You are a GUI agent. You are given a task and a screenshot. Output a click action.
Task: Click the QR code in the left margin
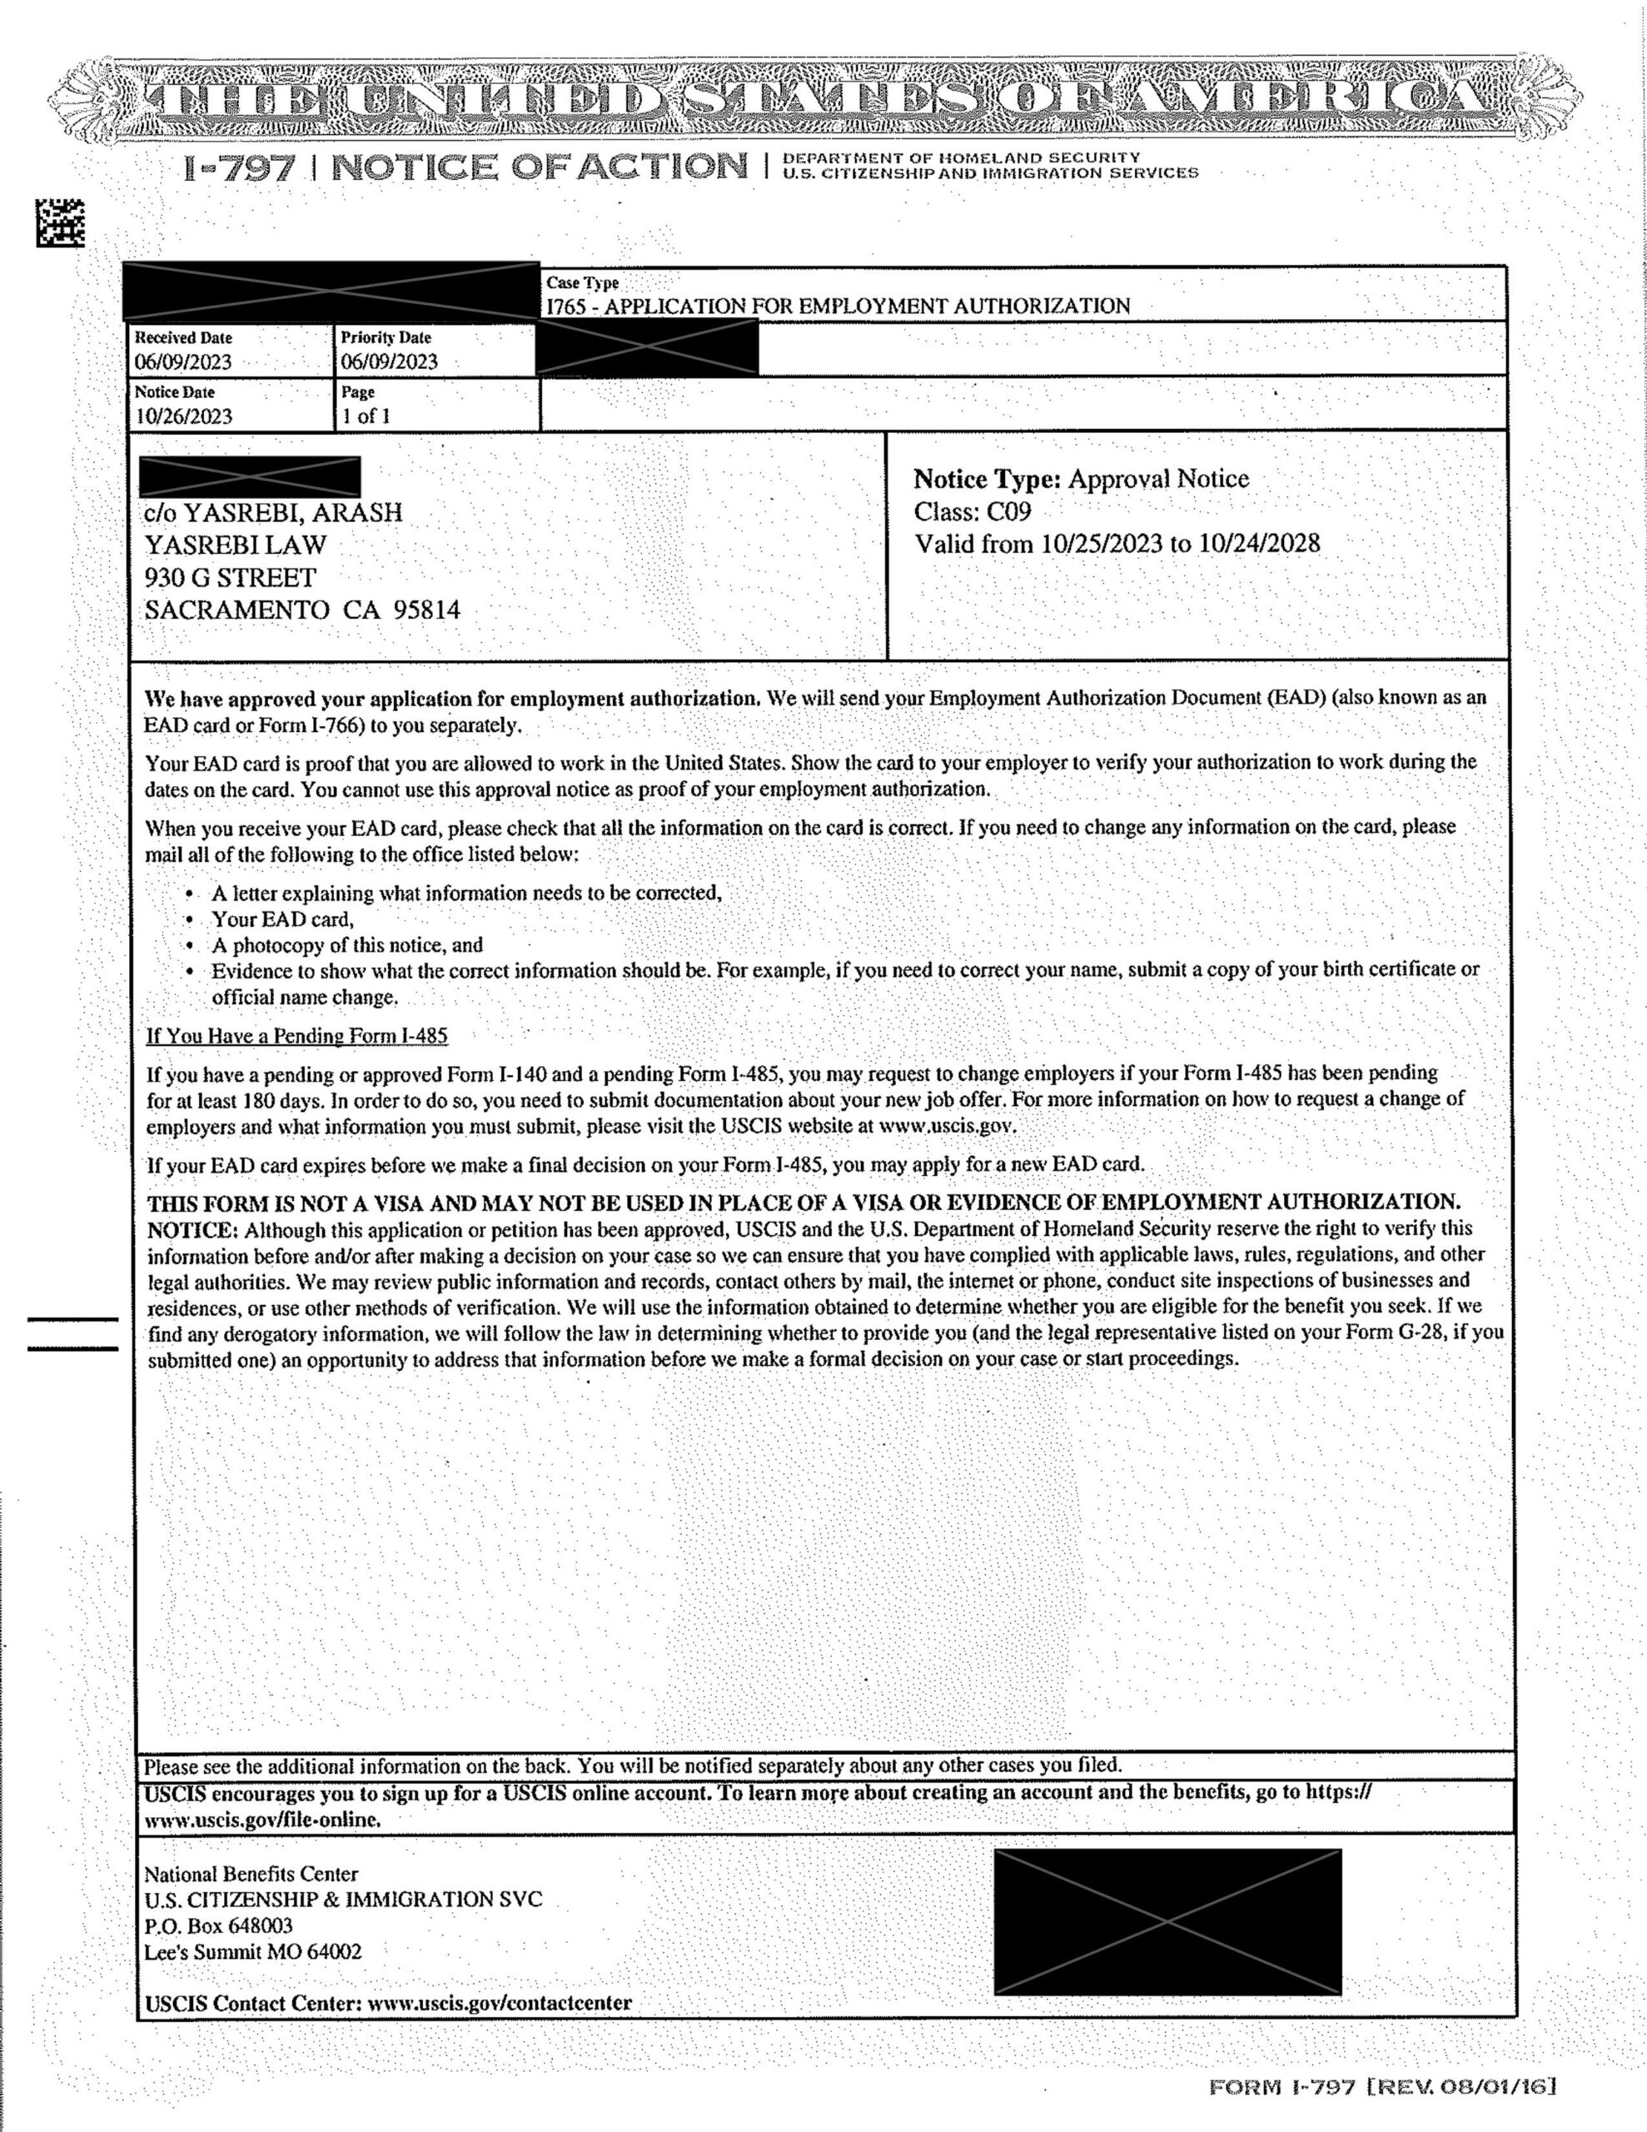[x=61, y=222]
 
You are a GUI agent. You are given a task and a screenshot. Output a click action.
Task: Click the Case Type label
[x=582, y=283]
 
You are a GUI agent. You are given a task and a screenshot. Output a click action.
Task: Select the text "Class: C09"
[x=973, y=511]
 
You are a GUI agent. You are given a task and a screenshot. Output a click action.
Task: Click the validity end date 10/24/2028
[x=1258, y=544]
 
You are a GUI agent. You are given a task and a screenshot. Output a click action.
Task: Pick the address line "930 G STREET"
[x=231, y=578]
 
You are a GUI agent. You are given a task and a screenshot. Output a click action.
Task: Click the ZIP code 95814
[x=426, y=611]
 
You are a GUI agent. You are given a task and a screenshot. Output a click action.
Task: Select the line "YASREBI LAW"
[x=236, y=545]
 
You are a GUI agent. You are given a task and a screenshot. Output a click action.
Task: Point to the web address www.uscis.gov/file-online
[x=261, y=1821]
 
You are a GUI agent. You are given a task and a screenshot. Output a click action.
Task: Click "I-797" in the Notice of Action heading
[x=239, y=168]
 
